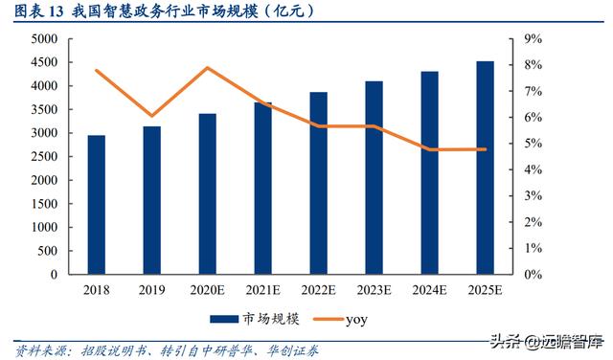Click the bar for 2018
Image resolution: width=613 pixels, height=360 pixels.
[97, 205]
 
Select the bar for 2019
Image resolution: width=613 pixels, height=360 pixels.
[152, 200]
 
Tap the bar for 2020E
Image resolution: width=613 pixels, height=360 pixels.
[208, 193]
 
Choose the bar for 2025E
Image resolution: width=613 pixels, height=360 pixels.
[486, 168]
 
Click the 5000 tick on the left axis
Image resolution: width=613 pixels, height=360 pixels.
[45, 39]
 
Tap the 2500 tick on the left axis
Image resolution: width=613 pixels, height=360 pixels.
[45, 156]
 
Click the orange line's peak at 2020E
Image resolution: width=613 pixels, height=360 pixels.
[208, 68]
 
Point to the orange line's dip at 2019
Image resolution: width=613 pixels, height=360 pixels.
[152, 116]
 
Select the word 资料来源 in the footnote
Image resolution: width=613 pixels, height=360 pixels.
[35, 350]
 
